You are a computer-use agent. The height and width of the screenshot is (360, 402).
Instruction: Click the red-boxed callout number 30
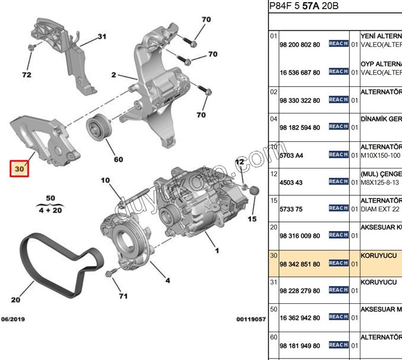coord(19,168)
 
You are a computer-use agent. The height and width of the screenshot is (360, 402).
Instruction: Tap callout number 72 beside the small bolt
coord(26,75)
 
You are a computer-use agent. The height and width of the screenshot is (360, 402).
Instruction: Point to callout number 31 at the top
coord(102,36)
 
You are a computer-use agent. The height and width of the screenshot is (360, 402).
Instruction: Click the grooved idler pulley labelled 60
coord(98,127)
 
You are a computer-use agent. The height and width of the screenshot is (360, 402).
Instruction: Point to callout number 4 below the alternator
coord(167,280)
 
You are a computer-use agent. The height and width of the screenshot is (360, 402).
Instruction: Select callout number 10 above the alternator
coord(105,180)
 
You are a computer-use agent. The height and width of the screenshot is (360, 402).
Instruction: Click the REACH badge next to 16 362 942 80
coord(338,317)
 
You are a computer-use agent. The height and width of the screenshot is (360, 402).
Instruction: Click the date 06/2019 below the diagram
coord(13,319)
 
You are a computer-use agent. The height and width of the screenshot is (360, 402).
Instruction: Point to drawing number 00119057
coord(251,319)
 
